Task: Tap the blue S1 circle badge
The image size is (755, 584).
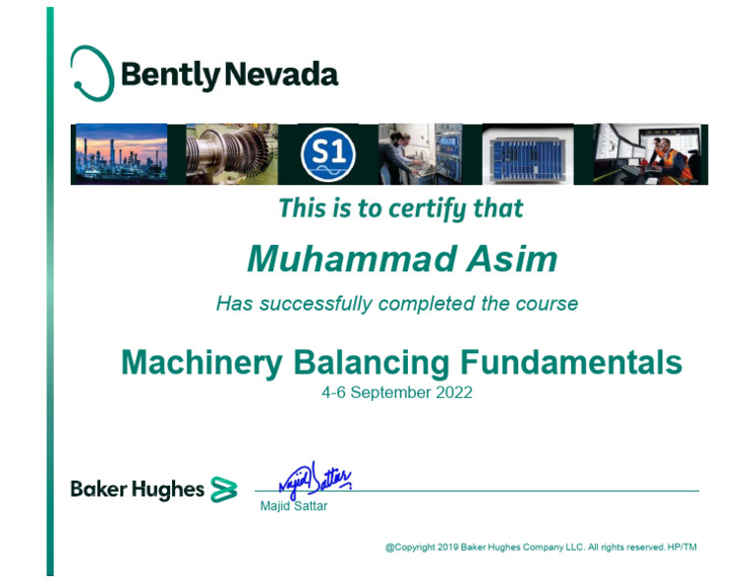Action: click(x=327, y=154)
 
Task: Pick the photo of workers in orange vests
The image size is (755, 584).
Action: click(x=650, y=154)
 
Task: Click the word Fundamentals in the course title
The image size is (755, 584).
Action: click(x=571, y=363)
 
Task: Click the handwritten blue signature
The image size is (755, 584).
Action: click(x=315, y=479)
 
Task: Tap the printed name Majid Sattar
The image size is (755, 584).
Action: click(x=293, y=506)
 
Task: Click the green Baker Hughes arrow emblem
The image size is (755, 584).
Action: click(x=224, y=490)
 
